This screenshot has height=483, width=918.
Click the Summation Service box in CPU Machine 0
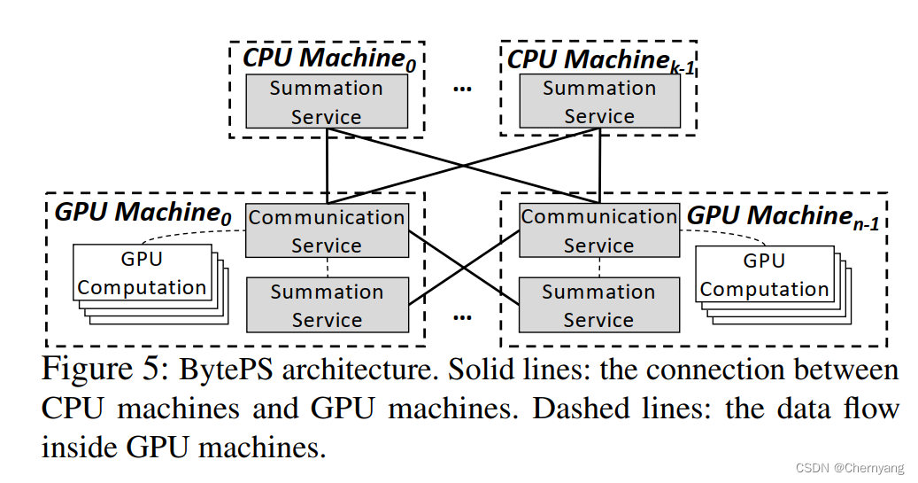tap(326, 102)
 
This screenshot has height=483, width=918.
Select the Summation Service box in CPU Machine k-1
tap(599, 102)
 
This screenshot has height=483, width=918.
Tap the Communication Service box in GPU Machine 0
tap(326, 231)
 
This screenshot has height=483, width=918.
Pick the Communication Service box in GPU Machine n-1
tap(599, 230)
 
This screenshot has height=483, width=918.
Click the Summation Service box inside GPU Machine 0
tap(326, 306)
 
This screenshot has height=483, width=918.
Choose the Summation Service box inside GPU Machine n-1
tap(599, 306)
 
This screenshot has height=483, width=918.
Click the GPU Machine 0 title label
tap(143, 213)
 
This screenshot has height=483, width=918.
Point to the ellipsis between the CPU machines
tap(462, 89)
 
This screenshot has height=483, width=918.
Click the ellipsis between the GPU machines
tap(462, 316)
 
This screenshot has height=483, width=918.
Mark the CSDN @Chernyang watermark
tap(851, 468)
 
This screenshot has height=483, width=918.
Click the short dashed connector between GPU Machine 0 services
tap(328, 268)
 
